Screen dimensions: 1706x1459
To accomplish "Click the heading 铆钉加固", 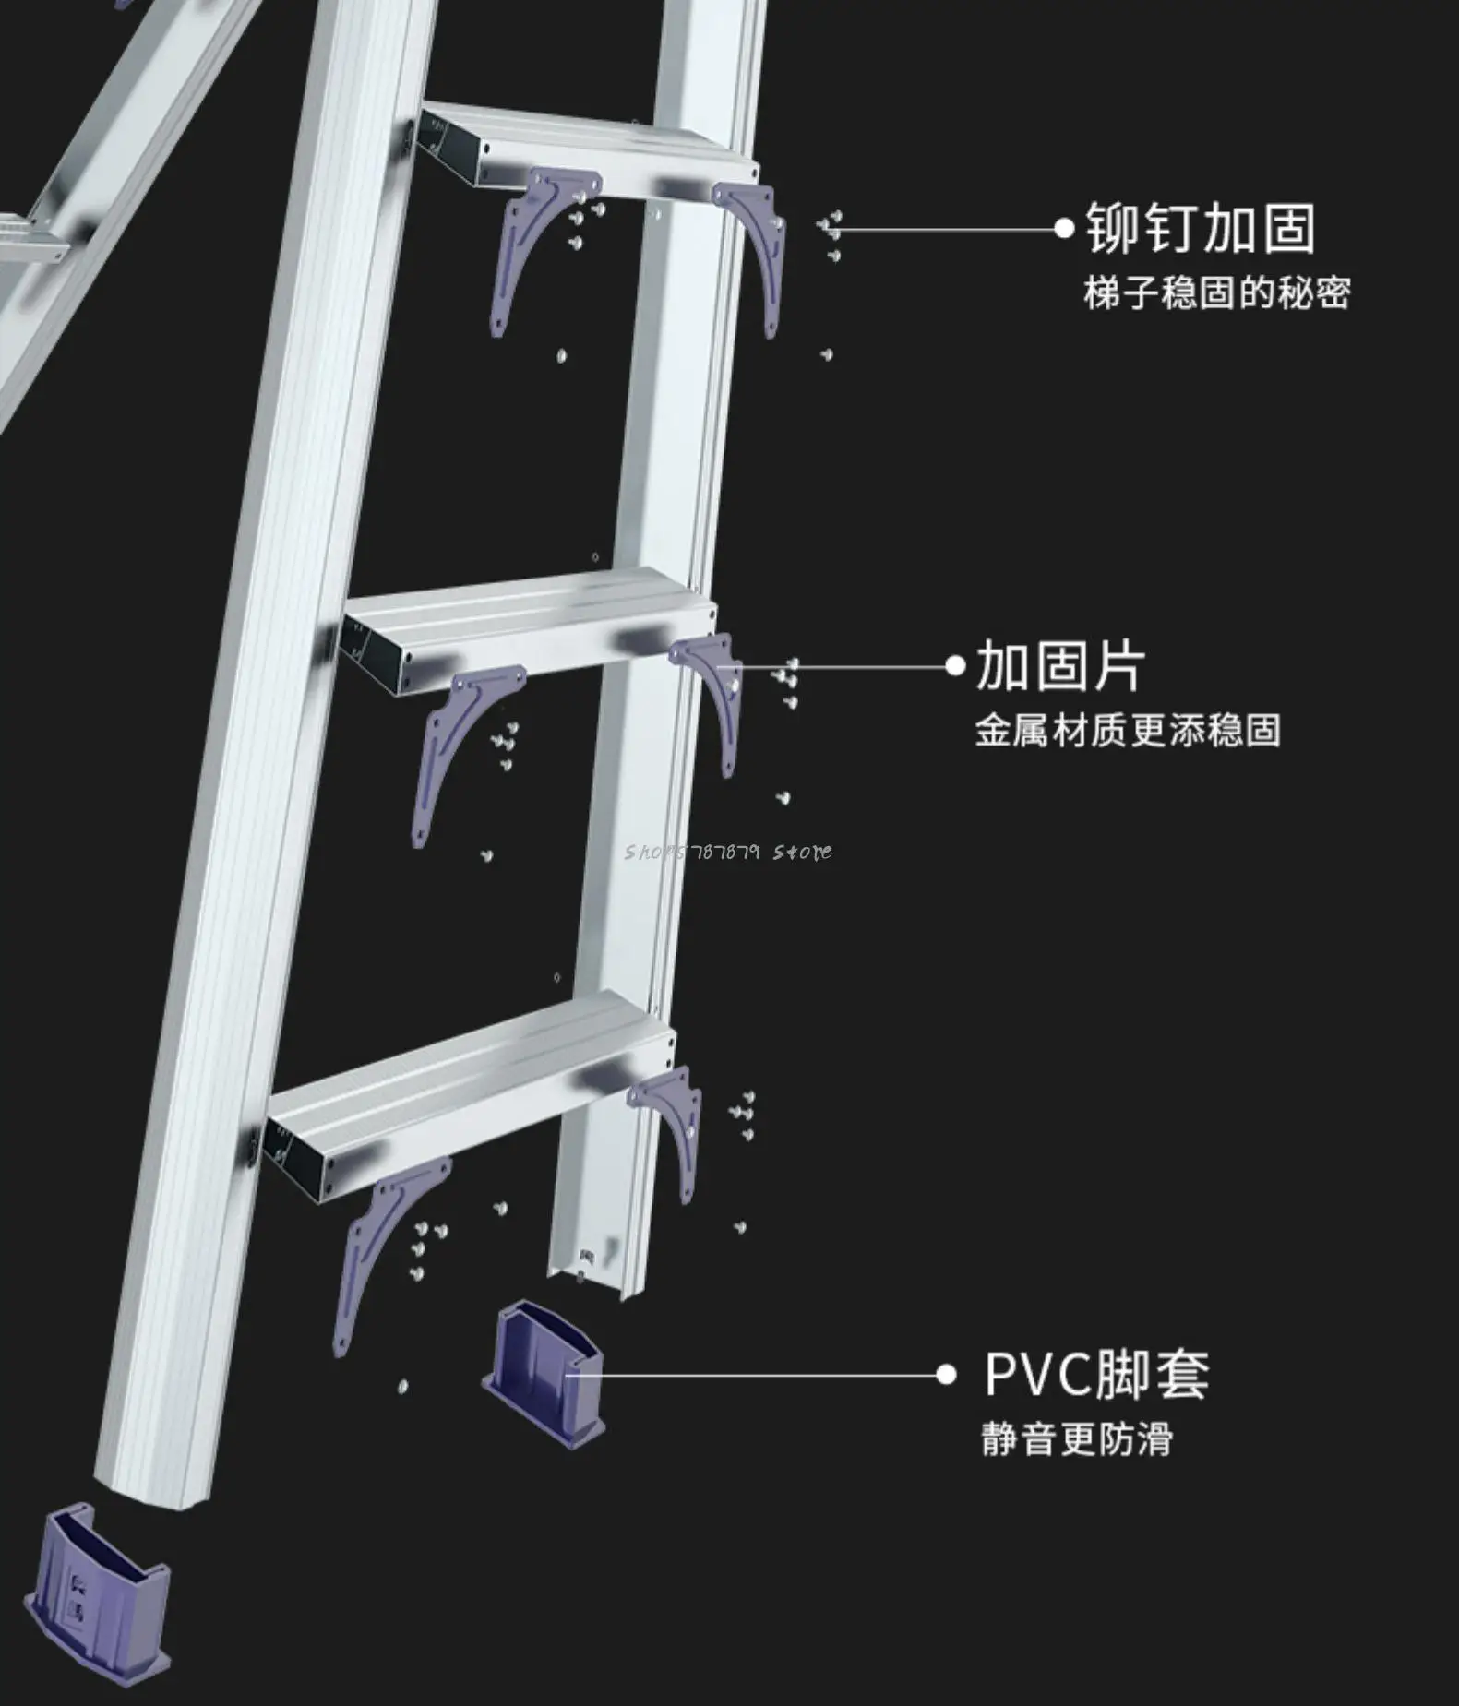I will click(x=1200, y=229).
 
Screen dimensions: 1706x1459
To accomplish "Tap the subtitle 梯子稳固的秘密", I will click(x=1216, y=294).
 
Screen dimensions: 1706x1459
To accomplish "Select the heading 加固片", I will click(x=1059, y=666).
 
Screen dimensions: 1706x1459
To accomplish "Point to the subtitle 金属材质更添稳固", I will click(x=1128, y=731).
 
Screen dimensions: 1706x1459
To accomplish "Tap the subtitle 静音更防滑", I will click(x=1076, y=1439).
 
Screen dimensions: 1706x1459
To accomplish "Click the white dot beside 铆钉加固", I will click(x=1065, y=228).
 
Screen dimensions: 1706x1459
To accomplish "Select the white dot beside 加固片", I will click(x=956, y=666).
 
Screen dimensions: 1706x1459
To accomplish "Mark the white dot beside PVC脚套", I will click(x=946, y=1375).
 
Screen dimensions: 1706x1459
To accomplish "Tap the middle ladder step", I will click(x=526, y=618).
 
